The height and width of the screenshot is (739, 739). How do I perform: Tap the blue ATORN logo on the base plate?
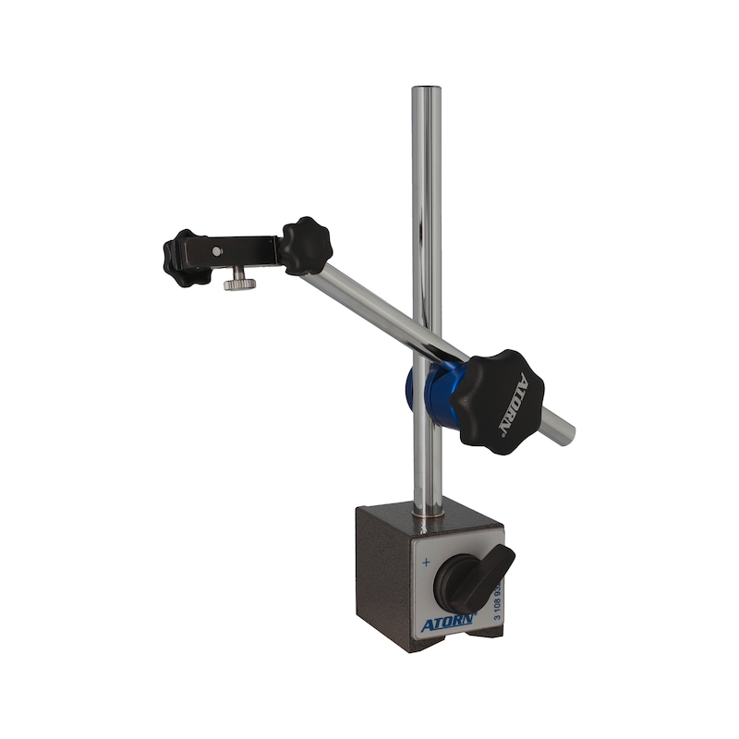(447, 624)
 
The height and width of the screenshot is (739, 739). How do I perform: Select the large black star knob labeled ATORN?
(499, 400)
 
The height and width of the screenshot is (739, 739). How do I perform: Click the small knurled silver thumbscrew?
(239, 279)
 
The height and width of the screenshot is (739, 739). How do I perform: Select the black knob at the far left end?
(181, 257)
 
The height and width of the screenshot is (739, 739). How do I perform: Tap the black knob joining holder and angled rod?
(306, 245)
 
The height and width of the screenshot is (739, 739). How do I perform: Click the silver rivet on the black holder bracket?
(216, 250)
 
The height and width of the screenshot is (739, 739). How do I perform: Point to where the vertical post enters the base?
(427, 516)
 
